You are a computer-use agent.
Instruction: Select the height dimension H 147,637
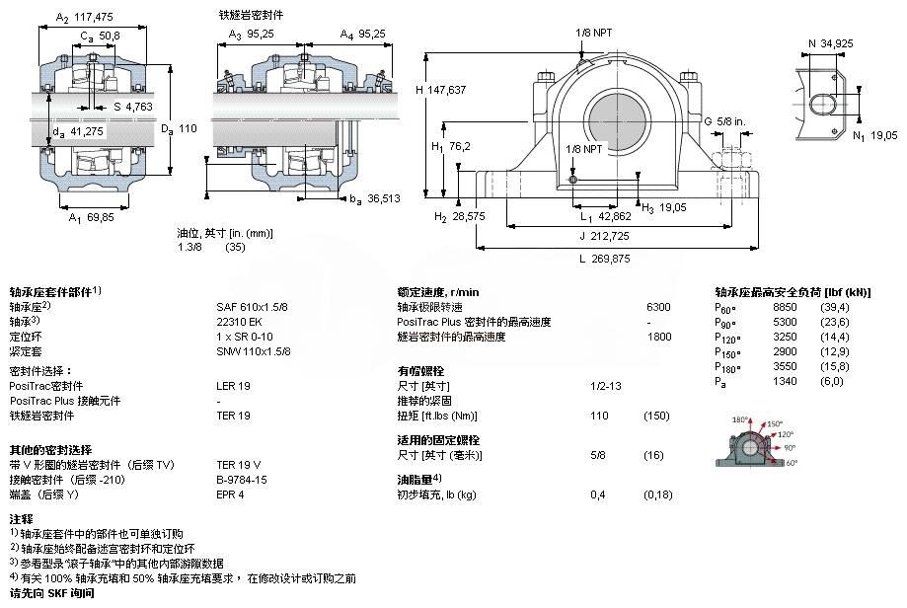(x=440, y=90)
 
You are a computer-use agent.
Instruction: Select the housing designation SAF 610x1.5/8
(x=252, y=307)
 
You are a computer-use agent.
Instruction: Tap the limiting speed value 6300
(x=657, y=307)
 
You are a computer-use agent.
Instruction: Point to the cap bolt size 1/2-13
(x=605, y=386)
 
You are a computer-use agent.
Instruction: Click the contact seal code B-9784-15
(x=242, y=479)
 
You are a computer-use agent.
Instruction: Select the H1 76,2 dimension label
(x=451, y=145)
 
